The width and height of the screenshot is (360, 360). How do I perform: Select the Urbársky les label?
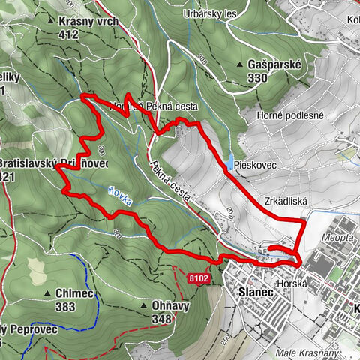[x=209, y=13]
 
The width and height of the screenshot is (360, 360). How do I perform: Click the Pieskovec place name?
[x=256, y=161]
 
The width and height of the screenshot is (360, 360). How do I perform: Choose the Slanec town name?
[x=252, y=292]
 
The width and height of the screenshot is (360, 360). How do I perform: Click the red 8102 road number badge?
[x=197, y=277]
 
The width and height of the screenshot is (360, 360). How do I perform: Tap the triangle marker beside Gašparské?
[x=240, y=65]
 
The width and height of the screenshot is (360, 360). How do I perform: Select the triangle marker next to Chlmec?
[x=46, y=293]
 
